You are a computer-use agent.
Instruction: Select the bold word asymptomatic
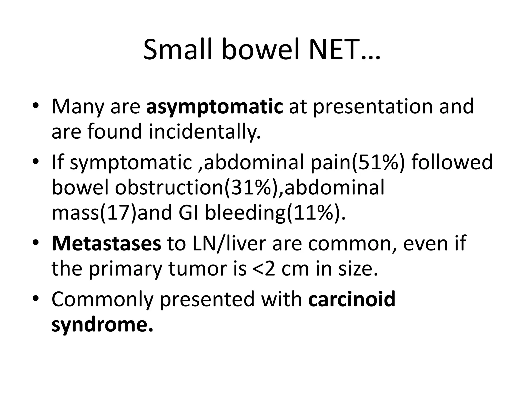(x=215, y=107)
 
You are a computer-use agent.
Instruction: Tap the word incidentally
(x=205, y=132)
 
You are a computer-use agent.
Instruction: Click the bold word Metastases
(x=106, y=244)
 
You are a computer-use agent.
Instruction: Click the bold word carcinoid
(x=352, y=299)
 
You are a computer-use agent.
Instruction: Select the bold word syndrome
(x=102, y=325)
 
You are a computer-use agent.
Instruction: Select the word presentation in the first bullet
(x=373, y=107)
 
